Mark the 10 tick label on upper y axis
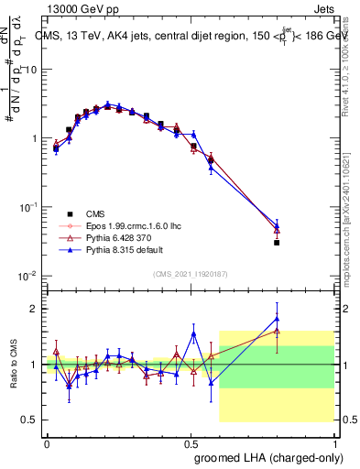tap(31, 70)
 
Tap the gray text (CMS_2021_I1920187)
tap(191, 273)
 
